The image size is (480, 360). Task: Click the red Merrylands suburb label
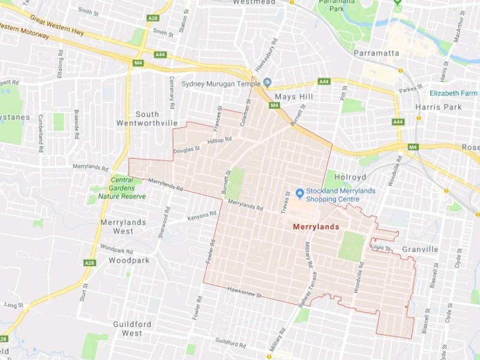point(316,227)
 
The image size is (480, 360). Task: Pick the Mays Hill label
point(294,96)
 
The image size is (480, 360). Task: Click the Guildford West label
point(128,328)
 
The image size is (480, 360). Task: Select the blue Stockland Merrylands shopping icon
point(300,192)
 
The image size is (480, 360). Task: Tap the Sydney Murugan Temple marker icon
point(267,82)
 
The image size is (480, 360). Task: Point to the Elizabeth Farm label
point(453,93)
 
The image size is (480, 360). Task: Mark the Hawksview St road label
point(245,293)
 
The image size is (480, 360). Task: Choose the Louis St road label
point(380,247)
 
